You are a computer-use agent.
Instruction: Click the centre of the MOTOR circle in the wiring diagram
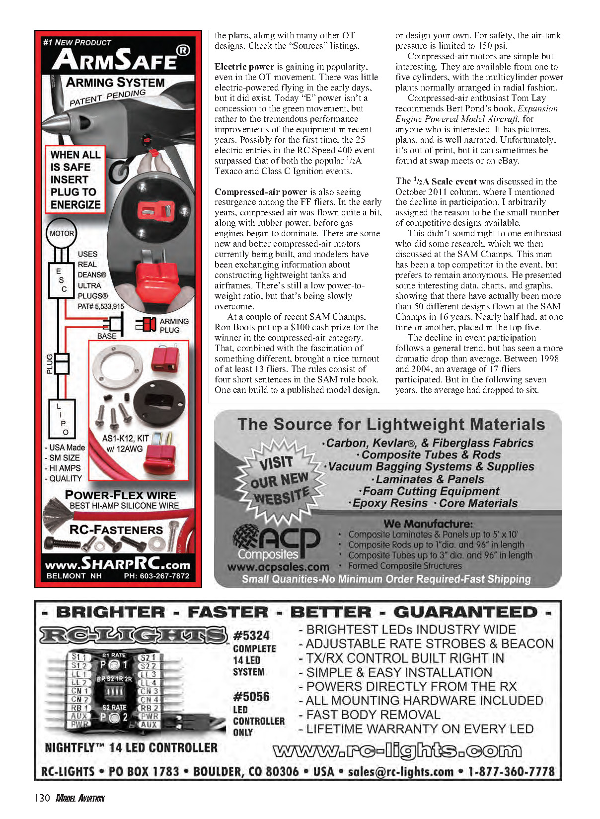point(61,233)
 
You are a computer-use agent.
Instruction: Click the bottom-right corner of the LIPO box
point(75,438)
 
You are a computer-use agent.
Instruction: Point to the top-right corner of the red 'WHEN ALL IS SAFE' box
point(105,146)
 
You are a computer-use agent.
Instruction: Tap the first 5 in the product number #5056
point(243,697)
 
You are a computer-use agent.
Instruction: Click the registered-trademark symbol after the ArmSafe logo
point(183,50)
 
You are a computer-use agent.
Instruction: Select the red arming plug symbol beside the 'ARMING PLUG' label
point(146,324)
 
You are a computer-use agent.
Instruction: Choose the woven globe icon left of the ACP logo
point(246,537)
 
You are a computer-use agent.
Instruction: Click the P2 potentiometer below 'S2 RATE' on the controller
point(114,718)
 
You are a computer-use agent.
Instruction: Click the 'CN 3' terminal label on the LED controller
point(149,691)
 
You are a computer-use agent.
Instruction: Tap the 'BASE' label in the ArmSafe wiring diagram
point(107,336)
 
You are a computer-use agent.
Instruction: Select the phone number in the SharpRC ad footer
point(156,576)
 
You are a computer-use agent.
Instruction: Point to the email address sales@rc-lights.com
point(400,771)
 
